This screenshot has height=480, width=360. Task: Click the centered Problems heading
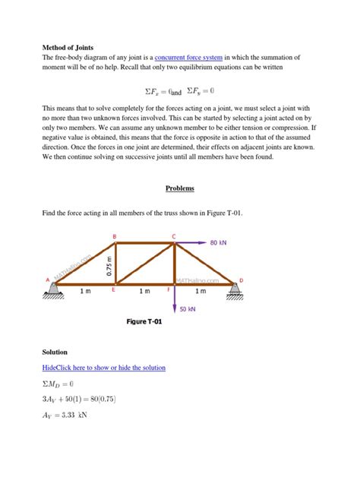[180, 188]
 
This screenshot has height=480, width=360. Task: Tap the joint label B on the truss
[115, 236]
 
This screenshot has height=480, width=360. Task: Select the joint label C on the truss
[173, 236]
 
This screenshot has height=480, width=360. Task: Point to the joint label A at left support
[47, 279]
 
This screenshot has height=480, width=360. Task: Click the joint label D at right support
[241, 280]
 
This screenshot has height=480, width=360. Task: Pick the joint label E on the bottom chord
[114, 289]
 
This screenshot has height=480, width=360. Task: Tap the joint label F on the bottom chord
[168, 289]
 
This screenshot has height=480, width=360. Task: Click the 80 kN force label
[219, 243]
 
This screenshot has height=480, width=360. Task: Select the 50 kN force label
[188, 309]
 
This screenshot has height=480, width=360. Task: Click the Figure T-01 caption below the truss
[144, 322]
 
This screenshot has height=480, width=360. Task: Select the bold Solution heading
[55, 352]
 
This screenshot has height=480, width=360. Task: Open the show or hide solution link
[104, 368]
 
